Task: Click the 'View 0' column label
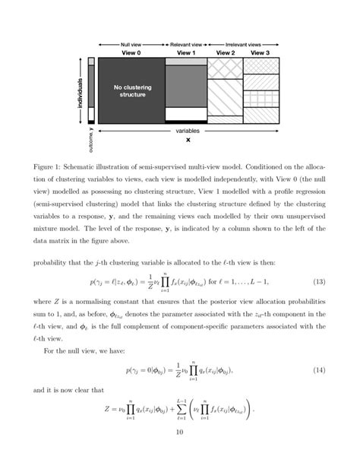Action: coord(130,53)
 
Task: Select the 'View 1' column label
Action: coord(186,53)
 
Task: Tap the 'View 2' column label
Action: coord(226,53)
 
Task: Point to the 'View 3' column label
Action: coord(260,53)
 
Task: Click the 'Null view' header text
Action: coord(131,44)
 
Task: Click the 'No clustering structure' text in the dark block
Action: coord(130,92)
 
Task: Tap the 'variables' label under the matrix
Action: coord(187,131)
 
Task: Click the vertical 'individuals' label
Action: coord(80,91)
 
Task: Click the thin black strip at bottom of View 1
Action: coord(186,121)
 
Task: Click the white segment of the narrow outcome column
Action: coord(92,114)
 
